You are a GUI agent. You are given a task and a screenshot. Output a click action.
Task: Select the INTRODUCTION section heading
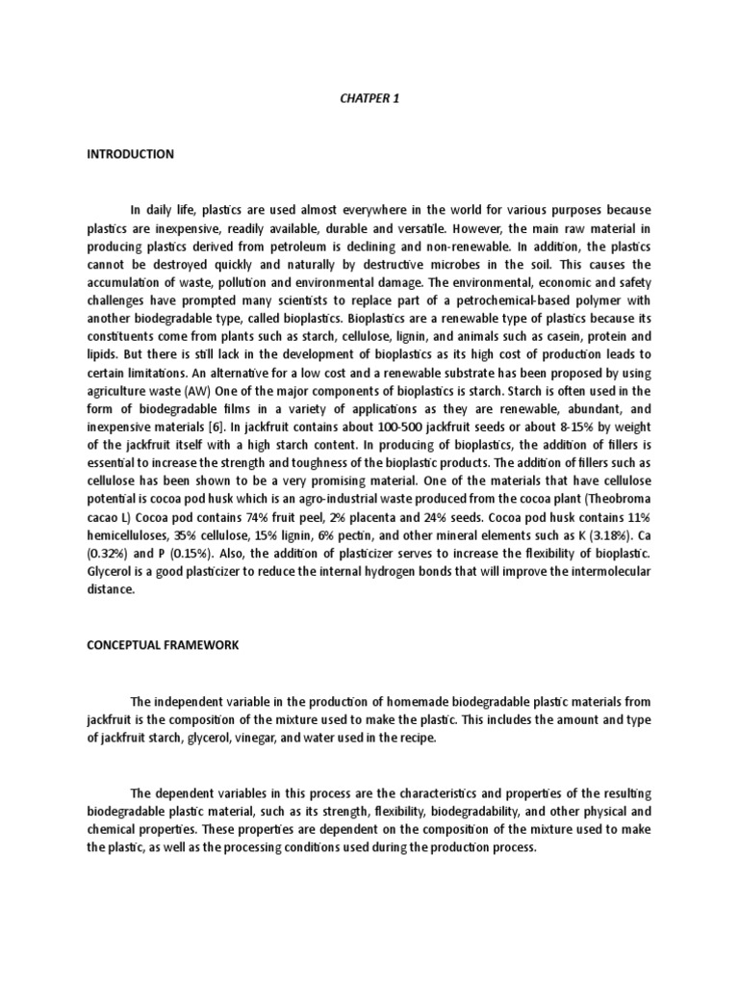130,154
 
